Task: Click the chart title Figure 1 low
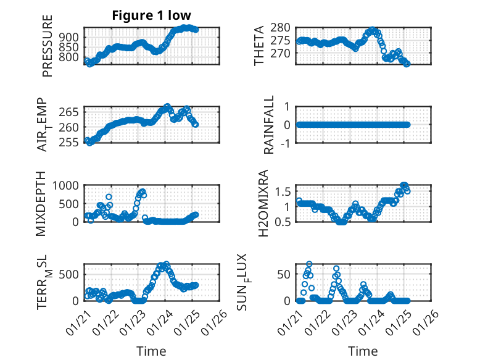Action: coord(152,15)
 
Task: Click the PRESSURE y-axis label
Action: coord(48,46)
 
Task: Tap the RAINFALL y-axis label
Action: coord(269,125)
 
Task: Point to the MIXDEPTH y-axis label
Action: coord(42,203)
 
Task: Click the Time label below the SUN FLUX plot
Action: coord(363,351)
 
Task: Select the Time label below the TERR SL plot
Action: coord(151,351)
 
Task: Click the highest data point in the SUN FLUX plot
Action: coord(309,264)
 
